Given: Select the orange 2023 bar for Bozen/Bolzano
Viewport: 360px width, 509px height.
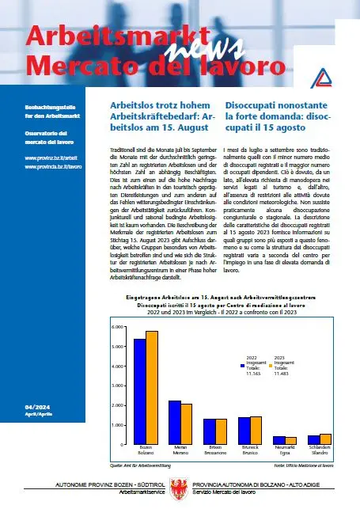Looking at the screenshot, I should tap(152, 387).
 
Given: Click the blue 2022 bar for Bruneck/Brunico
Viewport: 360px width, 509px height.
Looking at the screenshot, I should tap(244, 431).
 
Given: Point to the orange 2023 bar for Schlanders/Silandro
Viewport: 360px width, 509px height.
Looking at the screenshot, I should tap(325, 439).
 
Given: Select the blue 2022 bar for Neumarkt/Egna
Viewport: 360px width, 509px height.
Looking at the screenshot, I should tap(279, 440).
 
